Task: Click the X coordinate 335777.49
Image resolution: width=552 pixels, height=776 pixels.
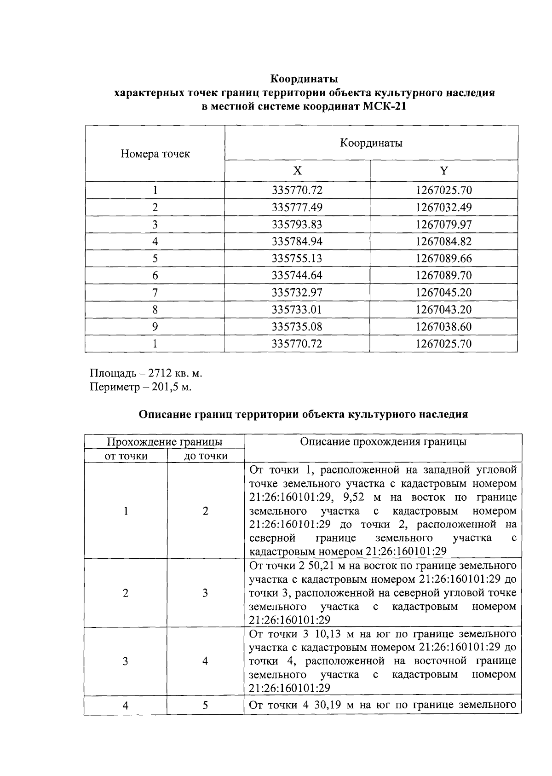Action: tap(297, 208)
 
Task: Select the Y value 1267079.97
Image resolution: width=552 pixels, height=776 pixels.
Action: tap(443, 225)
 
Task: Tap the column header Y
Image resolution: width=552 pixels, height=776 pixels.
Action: tap(443, 171)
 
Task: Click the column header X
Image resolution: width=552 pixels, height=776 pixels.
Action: tap(298, 171)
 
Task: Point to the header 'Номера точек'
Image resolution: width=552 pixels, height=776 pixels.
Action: tap(155, 154)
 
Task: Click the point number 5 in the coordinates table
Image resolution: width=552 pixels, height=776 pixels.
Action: tap(155, 259)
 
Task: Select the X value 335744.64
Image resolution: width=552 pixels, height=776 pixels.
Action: tap(297, 276)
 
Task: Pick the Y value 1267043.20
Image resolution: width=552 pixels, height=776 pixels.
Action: tap(443, 310)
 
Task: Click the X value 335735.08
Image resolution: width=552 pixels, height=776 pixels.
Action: tap(297, 327)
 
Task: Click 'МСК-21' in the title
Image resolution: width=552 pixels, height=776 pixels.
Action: tap(385, 107)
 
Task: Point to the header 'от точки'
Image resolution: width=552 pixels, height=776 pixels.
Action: tap(126, 456)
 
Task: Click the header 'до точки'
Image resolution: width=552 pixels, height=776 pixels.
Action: tap(206, 456)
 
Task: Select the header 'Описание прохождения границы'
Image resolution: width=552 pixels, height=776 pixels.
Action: tap(383, 442)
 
